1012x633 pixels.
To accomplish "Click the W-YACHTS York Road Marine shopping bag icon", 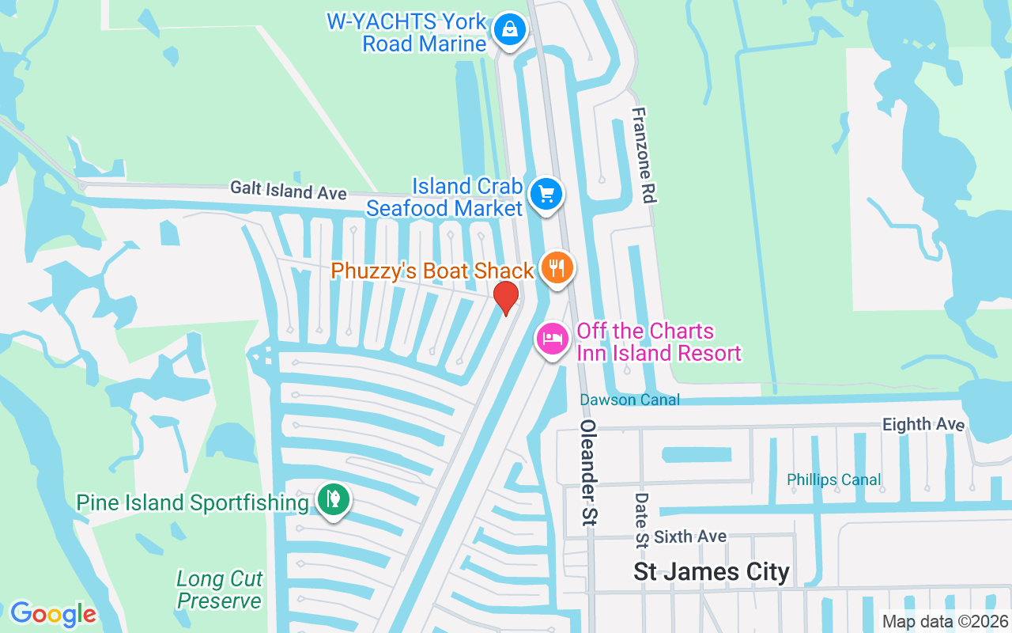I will point(510,31).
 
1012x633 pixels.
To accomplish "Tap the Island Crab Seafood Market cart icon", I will point(546,193).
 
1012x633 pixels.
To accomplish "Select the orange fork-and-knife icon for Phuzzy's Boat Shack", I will point(557,267).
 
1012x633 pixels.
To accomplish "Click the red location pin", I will point(506,298).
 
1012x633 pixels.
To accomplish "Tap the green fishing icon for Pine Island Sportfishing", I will point(334,499).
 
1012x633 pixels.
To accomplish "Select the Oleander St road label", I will point(588,472).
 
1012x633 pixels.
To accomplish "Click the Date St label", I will point(641,520).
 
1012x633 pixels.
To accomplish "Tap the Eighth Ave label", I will point(923,424).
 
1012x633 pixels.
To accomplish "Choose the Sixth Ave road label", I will point(690,536).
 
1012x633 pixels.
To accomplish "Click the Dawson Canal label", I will point(629,400).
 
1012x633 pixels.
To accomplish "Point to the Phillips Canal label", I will point(833,479).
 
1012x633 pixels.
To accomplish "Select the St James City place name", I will point(712,571).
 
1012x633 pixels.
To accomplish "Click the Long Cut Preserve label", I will point(219,590).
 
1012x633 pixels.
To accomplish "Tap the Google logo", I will point(54,614).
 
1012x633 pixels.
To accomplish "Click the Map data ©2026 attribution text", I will point(945,621).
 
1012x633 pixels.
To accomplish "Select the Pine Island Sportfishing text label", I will point(192,502).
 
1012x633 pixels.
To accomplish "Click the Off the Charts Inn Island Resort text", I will point(659,342).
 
